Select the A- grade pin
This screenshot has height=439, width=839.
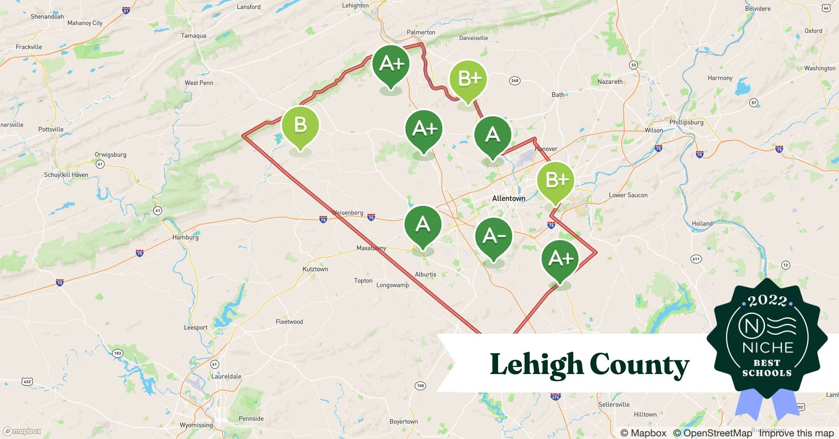point(494,237)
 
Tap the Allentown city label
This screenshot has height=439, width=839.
point(508,198)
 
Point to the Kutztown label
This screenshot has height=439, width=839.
point(315,269)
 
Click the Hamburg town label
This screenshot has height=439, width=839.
point(185,237)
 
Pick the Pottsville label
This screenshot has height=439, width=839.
point(51,130)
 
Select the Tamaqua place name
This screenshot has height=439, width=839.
point(193,36)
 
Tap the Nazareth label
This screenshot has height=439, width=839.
point(610,82)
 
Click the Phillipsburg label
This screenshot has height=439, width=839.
point(686,122)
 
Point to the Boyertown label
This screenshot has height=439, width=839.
point(404,422)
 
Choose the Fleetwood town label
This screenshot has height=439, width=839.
point(289,322)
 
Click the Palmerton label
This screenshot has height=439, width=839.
point(421,32)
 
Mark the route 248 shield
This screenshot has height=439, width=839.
point(514,80)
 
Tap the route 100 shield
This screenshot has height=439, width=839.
point(420,386)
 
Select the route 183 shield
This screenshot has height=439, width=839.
point(117,353)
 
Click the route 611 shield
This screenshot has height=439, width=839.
point(696,259)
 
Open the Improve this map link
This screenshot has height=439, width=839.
point(796,433)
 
